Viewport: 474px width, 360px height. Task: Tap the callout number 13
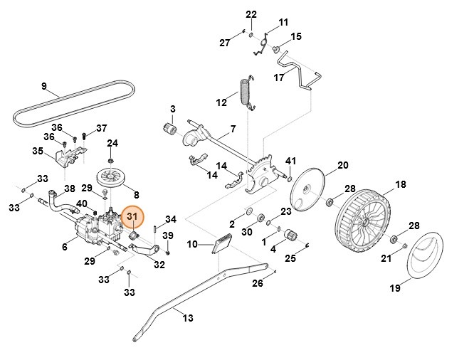pyautogui.click(x=187, y=319)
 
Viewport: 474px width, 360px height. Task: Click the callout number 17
pyautogui.click(x=280, y=77)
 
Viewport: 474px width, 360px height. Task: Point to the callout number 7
pyautogui.click(x=232, y=130)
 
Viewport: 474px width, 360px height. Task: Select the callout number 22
pyautogui.click(x=251, y=14)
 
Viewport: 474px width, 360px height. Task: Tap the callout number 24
pyautogui.click(x=112, y=143)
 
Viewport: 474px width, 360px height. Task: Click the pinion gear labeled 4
pyautogui.click(x=290, y=235)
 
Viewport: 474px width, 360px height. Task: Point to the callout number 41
pyautogui.click(x=290, y=161)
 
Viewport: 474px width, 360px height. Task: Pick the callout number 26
pyautogui.click(x=257, y=283)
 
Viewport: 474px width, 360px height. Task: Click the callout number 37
pyautogui.click(x=101, y=128)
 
